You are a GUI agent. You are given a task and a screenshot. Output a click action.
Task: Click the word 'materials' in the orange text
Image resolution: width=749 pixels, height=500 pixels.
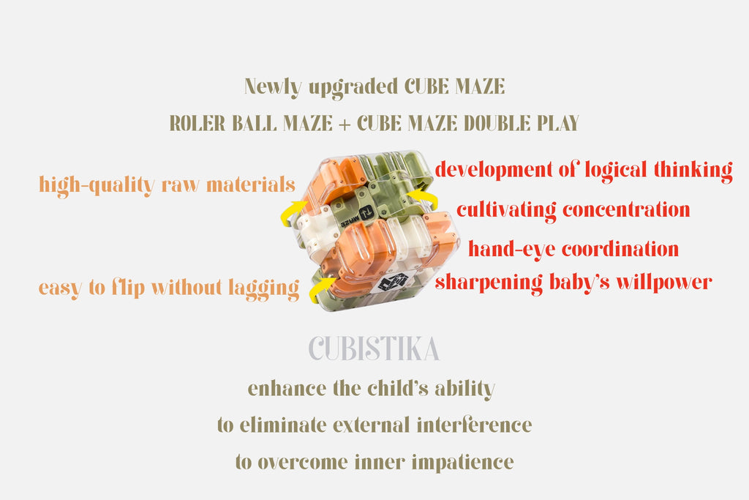251,184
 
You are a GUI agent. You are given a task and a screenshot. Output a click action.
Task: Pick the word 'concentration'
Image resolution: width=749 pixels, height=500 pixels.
626,210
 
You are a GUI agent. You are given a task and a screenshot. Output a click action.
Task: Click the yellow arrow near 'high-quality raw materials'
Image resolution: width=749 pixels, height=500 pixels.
292,211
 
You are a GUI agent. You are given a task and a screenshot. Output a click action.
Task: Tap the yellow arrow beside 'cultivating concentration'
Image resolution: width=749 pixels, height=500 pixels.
424,198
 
